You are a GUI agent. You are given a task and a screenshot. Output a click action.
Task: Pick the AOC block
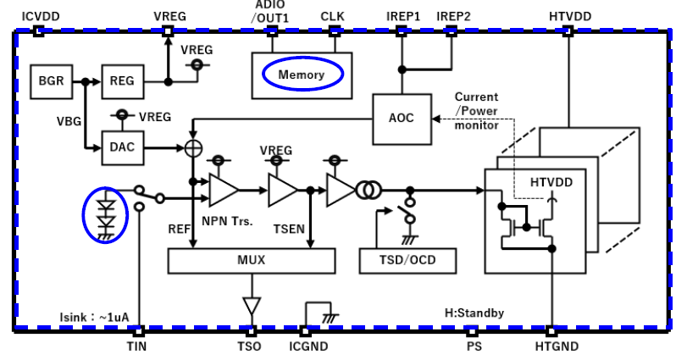(x=401, y=118)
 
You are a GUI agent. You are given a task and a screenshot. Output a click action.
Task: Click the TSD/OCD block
(x=409, y=260)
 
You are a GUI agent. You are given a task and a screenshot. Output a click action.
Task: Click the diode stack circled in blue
(x=106, y=213)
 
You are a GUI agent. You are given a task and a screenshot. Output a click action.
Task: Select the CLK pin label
(x=333, y=16)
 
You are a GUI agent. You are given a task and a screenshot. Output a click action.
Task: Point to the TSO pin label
(x=249, y=347)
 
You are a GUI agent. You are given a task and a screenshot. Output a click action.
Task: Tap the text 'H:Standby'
(x=474, y=313)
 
